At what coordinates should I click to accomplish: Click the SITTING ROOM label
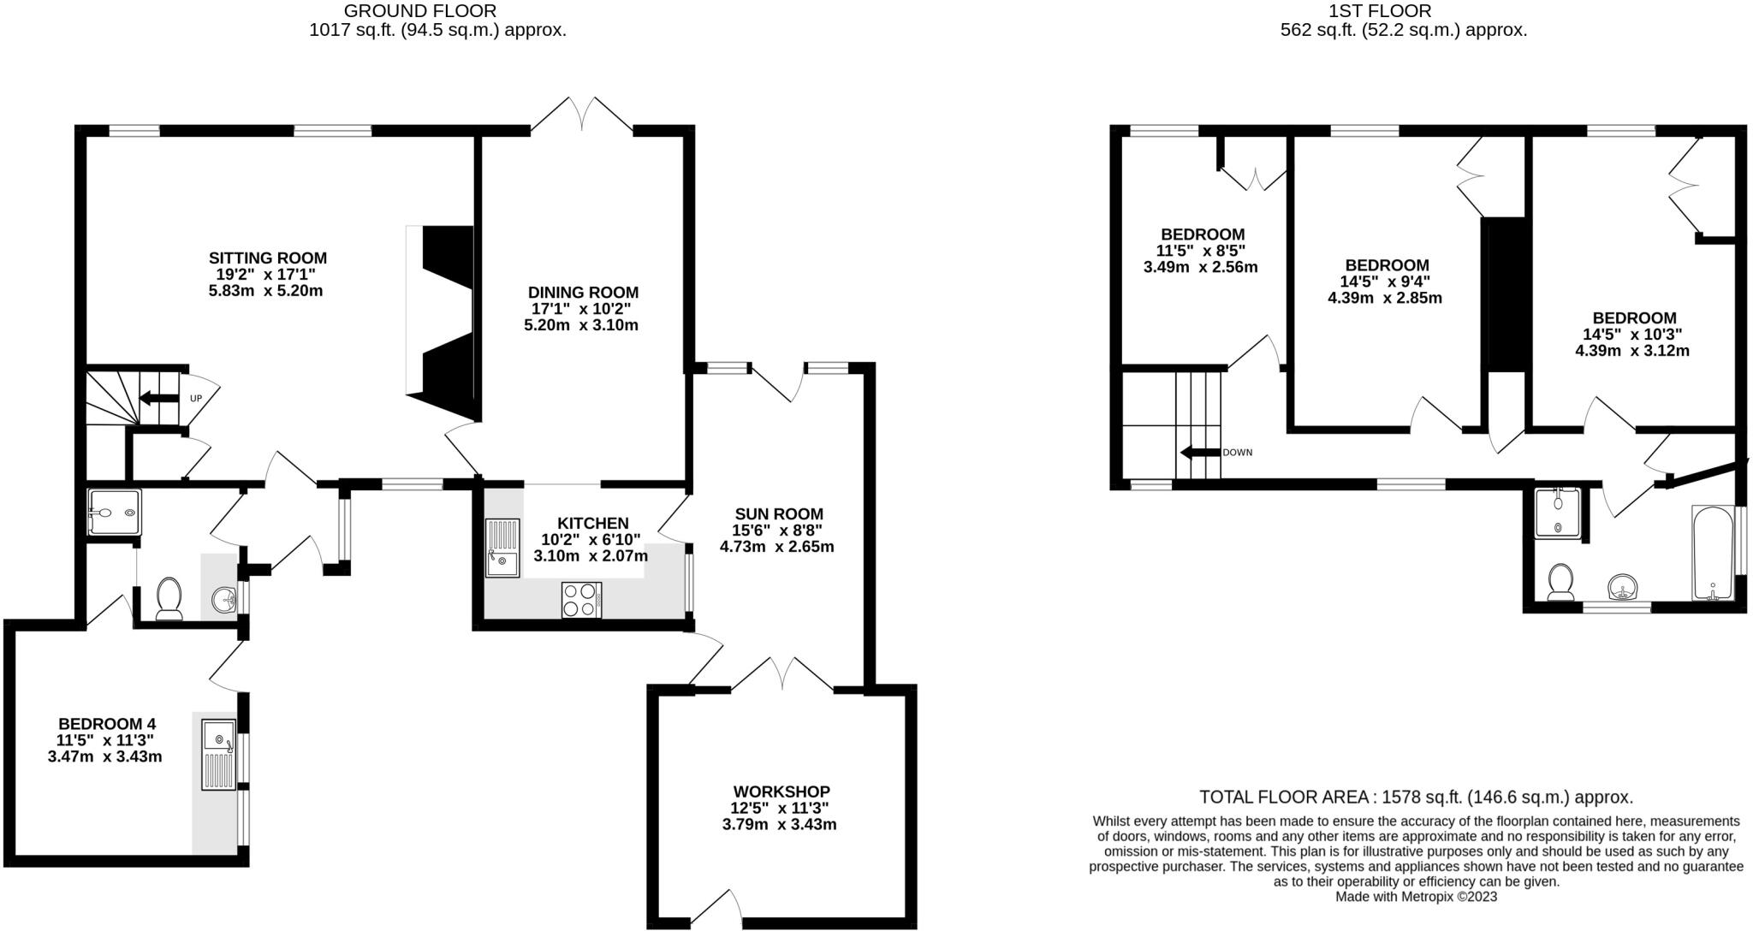pos(267,258)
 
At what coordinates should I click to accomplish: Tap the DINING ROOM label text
pos(582,293)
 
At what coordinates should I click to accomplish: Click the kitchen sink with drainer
pos(503,548)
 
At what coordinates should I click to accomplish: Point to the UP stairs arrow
pos(157,398)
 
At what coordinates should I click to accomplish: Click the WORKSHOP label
pos(781,792)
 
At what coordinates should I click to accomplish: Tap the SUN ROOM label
pos(778,513)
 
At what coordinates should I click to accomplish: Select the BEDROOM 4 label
pos(107,723)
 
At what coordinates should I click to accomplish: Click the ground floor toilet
pos(169,597)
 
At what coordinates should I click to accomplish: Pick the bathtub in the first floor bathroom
pos(1712,552)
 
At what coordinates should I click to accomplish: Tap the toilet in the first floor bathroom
pos(1560,582)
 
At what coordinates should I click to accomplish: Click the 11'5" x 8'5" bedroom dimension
pos(1200,251)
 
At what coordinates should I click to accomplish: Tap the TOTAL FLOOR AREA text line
pos(1416,798)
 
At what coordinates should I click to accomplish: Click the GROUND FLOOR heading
pos(419,11)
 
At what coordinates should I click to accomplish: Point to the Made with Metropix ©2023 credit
pos(1416,897)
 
